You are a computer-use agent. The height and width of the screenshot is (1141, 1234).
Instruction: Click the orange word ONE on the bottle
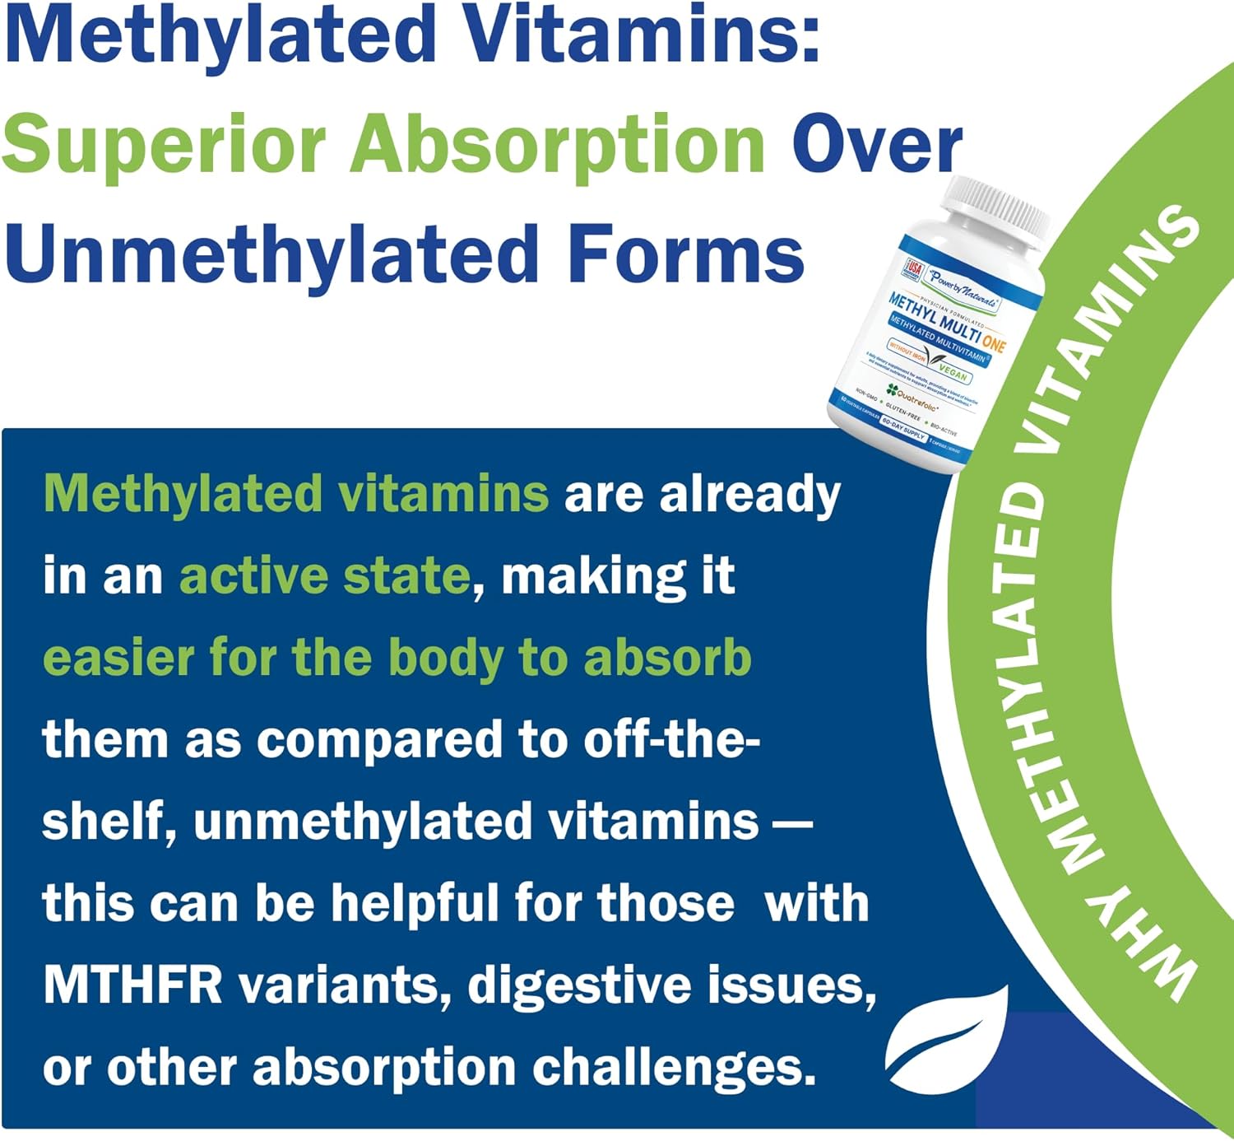pos(993,342)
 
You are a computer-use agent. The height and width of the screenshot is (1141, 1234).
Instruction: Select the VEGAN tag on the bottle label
pos(953,372)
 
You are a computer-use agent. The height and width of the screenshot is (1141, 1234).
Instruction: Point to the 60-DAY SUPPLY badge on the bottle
pos(903,427)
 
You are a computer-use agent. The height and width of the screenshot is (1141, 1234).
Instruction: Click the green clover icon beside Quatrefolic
pos(891,389)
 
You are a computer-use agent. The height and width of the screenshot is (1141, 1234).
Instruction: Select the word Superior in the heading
pos(165,145)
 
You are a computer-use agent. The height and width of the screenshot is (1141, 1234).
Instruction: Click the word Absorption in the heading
pos(559,145)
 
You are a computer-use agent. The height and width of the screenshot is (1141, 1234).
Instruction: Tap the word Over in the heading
pos(877,145)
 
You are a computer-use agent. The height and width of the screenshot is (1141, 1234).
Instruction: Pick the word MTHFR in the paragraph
pos(132,985)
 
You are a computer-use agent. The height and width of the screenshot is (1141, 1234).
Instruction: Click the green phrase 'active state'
pos(324,575)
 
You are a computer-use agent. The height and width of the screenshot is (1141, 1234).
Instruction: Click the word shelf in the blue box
pos(108,821)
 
